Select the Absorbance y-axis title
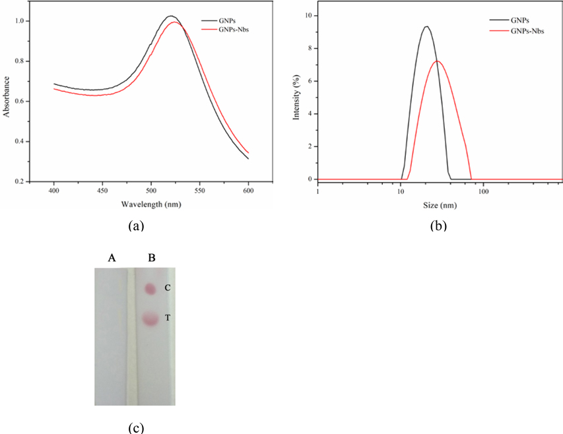click(x=7, y=98)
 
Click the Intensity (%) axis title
click(x=296, y=98)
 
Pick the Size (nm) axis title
click(x=438, y=204)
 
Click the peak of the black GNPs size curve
click(x=427, y=26)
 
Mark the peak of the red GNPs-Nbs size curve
click(x=437, y=61)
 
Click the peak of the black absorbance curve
click(x=170, y=16)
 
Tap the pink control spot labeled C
click(x=150, y=289)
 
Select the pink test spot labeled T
click(x=150, y=319)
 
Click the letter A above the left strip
click(x=112, y=258)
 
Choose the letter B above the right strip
click(x=151, y=258)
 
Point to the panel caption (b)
click(x=438, y=226)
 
